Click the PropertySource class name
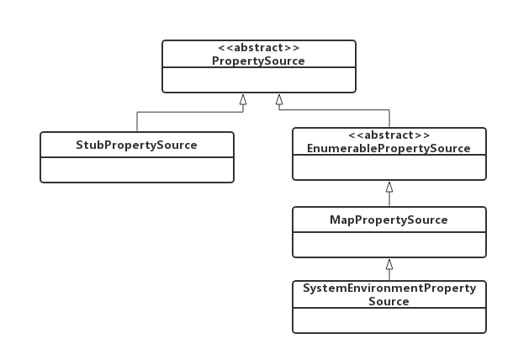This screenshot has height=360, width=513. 258,61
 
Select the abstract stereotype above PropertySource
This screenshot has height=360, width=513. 258,48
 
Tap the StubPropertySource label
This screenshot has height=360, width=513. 136,145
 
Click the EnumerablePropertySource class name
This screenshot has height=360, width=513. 389,148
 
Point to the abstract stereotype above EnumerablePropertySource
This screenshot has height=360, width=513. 389,135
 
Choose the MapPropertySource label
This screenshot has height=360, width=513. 389,220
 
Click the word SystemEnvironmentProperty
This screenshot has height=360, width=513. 389,289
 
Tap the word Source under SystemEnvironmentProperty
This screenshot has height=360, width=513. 389,301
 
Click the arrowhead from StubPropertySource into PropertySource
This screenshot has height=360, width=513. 243,99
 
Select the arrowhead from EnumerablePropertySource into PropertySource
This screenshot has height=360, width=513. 279,99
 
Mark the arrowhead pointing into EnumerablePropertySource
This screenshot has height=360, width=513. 389,187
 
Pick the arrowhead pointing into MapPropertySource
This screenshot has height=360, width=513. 389,264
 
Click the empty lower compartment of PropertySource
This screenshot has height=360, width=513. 259,80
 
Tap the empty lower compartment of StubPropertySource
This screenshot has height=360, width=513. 137,170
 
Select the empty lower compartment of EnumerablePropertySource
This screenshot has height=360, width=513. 389,167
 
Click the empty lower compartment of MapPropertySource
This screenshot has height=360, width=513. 389,245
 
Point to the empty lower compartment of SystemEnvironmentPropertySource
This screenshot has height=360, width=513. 389,320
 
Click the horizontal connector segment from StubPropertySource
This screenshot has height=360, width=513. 190,112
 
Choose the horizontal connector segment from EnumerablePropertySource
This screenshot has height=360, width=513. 334,109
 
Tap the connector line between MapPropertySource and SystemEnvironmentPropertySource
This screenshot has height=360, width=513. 389,274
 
